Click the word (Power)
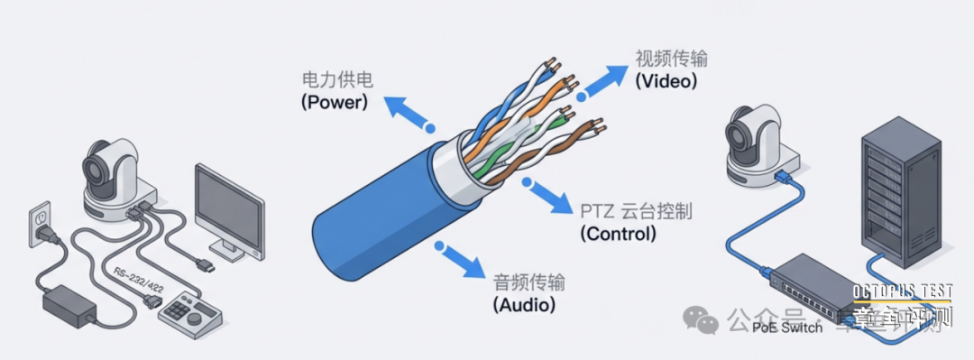(x=335, y=103)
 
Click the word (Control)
(x=618, y=234)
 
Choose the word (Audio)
(x=524, y=304)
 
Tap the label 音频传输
(x=529, y=282)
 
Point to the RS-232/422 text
(x=139, y=279)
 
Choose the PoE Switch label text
(x=787, y=328)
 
